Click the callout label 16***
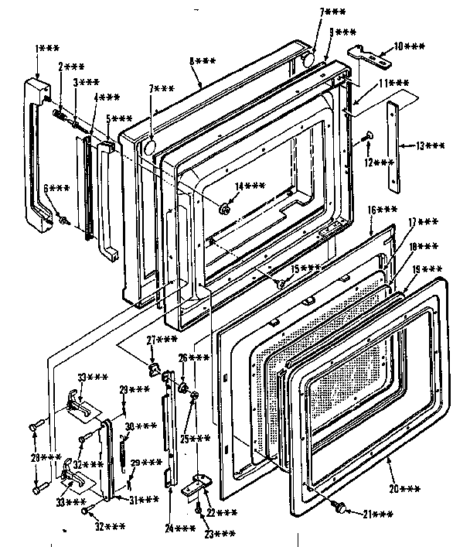[x=382, y=210]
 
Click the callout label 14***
[x=249, y=186]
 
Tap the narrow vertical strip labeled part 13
[x=395, y=147]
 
